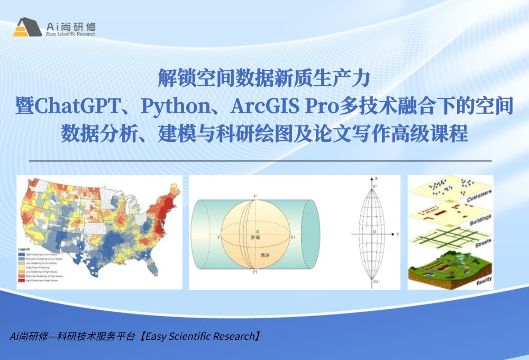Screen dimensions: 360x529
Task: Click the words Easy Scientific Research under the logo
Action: (71, 34)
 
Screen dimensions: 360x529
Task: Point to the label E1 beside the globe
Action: (293, 238)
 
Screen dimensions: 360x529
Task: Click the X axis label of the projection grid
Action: (376, 179)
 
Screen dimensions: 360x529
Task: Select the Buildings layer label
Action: (480, 220)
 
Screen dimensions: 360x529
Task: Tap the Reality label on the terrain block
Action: (484, 280)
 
